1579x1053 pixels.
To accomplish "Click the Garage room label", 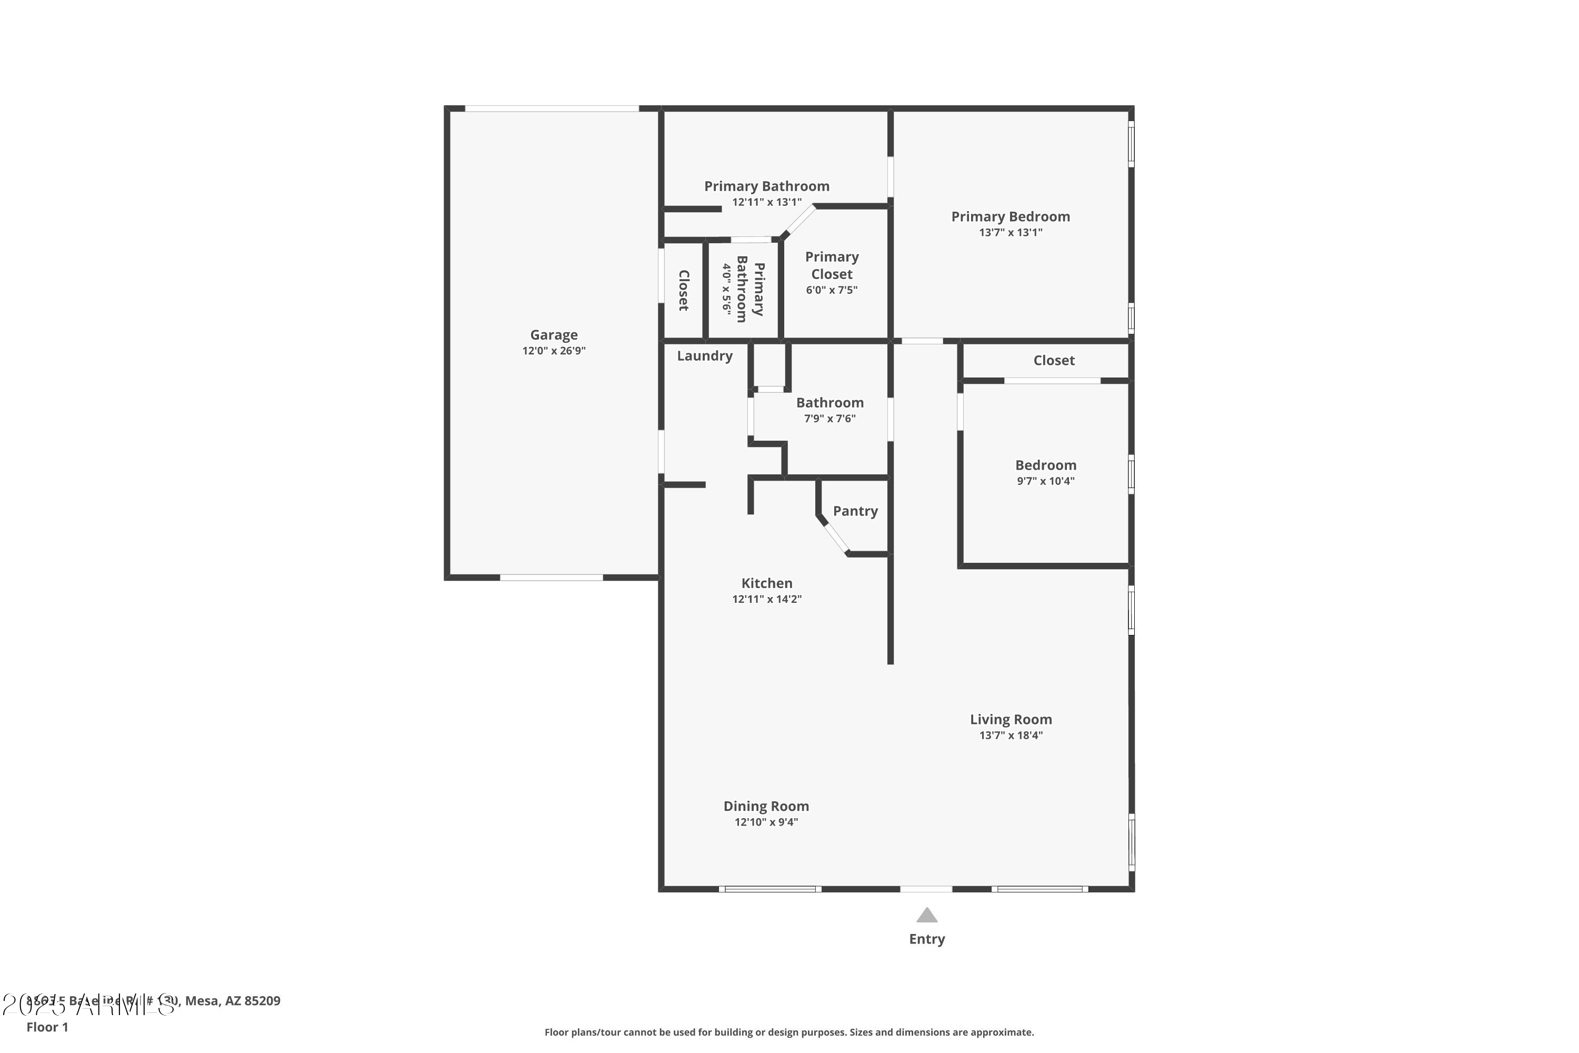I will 553,334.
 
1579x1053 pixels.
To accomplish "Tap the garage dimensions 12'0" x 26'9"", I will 553,351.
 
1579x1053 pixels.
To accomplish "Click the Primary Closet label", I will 831,265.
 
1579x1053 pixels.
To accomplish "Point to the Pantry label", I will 855,511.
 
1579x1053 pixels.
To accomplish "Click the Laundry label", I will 704,356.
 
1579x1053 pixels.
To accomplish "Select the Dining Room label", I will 765,806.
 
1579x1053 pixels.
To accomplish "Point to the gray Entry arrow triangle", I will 926,916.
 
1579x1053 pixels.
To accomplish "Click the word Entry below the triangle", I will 926,939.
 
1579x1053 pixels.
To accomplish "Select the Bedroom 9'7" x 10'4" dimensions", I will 1045,481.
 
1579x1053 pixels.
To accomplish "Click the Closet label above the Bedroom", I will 1053,361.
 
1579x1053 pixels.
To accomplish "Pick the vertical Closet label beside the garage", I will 683,290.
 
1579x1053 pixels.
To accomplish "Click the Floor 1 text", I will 47,1027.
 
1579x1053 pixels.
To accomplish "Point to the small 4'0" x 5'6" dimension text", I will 726,289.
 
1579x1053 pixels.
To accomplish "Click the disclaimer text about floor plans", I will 789,1032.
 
